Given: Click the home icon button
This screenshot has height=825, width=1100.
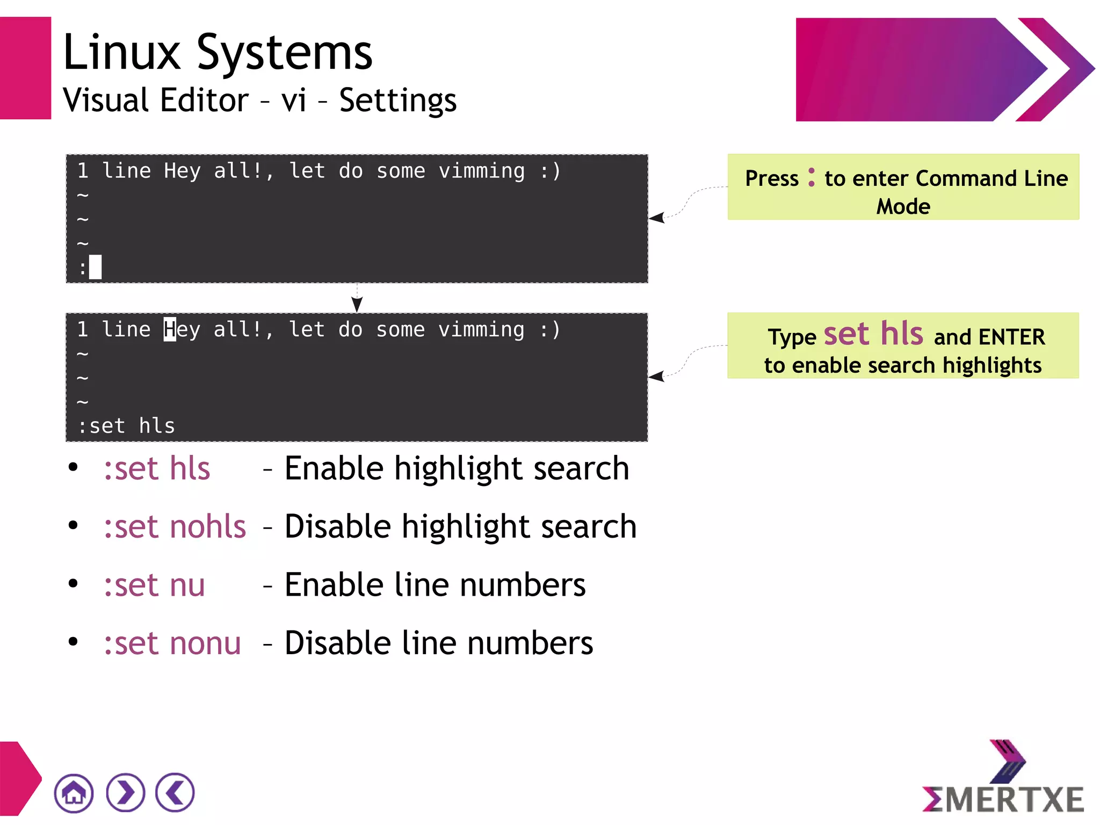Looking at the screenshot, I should click(x=74, y=793).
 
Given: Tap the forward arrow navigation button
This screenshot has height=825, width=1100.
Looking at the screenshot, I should click(x=126, y=793).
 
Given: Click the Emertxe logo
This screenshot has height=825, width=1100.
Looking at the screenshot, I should click(x=1003, y=779).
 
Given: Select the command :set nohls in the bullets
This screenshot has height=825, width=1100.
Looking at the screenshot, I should click(x=175, y=526).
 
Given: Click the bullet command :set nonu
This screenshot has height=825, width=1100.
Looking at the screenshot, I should click(x=172, y=643).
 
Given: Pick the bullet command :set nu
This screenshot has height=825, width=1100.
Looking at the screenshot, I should click(x=154, y=585).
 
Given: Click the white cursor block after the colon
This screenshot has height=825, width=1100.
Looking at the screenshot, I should click(x=95, y=267).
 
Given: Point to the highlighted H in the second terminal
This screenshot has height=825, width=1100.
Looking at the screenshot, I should click(x=170, y=329).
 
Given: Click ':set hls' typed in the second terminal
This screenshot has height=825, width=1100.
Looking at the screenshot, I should click(x=127, y=426).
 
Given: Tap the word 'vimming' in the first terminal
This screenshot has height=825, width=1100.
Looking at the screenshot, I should click(x=481, y=171).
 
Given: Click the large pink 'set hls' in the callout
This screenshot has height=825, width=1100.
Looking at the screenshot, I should click(x=873, y=334).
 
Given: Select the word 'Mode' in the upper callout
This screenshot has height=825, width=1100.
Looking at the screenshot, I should click(x=903, y=207).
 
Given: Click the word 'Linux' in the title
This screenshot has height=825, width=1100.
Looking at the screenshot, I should click(x=122, y=53).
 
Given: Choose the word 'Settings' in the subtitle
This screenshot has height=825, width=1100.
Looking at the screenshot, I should click(x=397, y=100).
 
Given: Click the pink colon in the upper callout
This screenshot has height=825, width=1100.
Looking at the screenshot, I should click(x=811, y=177).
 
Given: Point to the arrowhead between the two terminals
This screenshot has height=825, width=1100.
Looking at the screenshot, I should click(x=357, y=304).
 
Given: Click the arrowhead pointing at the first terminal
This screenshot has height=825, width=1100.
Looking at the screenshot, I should click(x=657, y=218).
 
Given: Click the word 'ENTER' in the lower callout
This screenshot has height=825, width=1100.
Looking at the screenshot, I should click(x=1011, y=337).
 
